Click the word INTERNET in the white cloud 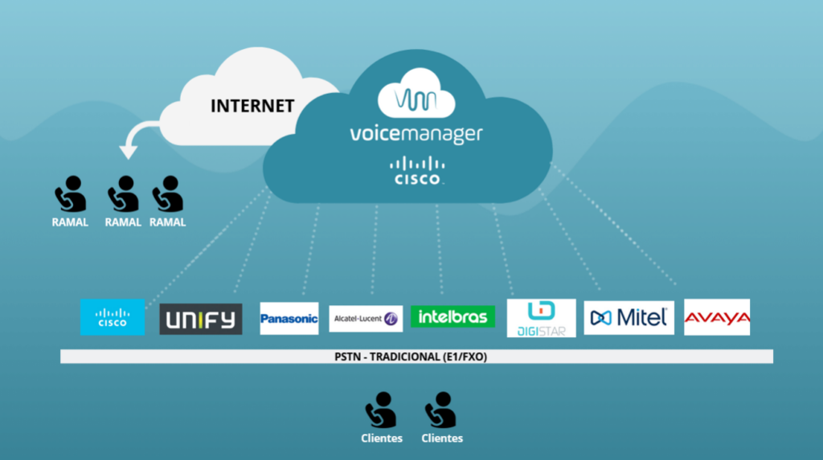coord(252,105)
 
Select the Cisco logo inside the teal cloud coord(416,170)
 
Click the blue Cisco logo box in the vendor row coord(113,317)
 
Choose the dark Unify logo coord(201,319)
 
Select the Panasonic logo coord(289,319)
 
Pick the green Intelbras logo coord(452,316)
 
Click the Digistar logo coord(542,318)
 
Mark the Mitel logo coord(629,318)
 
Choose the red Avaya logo coord(717,318)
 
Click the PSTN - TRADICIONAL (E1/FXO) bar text coord(416,356)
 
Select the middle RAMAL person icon coord(123,194)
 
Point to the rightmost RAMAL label coord(167,222)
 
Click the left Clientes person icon coord(381,410)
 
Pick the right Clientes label coord(442,438)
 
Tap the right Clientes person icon coord(441,410)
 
